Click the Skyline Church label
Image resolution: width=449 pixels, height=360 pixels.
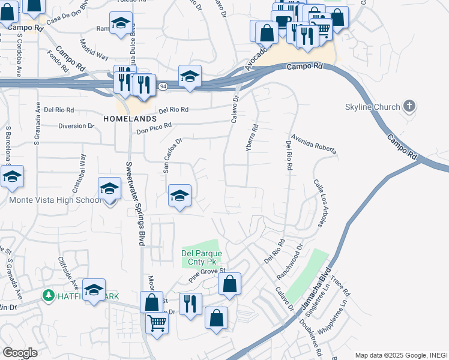[x=372, y=107]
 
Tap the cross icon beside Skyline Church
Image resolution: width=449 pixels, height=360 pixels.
[x=409, y=107]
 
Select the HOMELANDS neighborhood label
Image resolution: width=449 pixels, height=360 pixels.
[x=125, y=118]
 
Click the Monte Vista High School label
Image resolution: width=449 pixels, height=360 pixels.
[x=55, y=200]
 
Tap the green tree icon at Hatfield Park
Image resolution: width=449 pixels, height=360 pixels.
[x=49, y=296]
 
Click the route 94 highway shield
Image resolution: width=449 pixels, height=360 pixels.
[x=163, y=87]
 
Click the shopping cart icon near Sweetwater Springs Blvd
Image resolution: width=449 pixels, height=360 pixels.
[x=157, y=322]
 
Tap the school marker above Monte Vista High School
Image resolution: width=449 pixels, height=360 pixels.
[x=109, y=189]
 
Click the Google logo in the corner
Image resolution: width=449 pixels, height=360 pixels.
[x=20, y=353]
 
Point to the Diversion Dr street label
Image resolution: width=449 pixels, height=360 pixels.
[x=76, y=126]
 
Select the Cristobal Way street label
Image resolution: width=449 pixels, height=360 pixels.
[x=83, y=170]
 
